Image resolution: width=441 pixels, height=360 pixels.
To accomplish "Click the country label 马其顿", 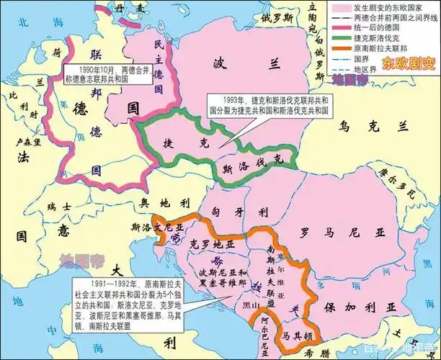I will tap(296, 336).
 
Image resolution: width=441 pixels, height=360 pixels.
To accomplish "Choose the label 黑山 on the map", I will tap(249, 305).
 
